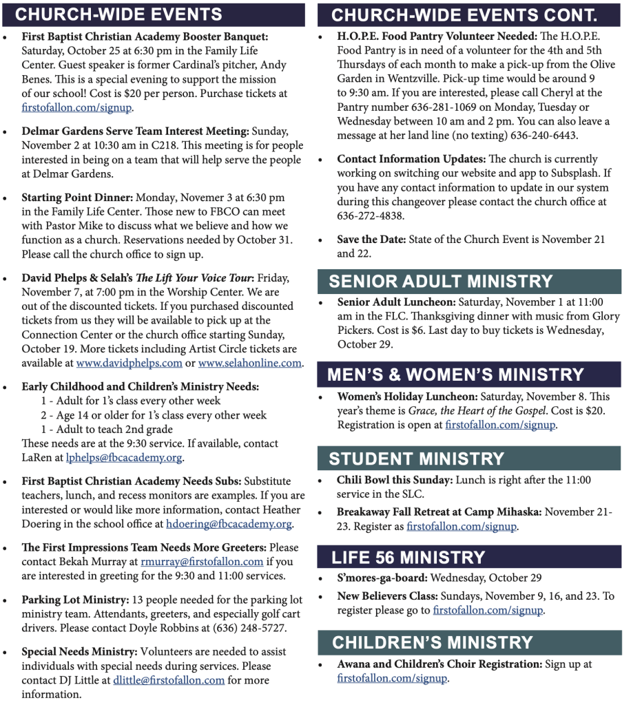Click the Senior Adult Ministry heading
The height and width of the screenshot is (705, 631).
pos(441,282)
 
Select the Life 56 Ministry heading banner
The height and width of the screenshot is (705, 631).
pos(408,558)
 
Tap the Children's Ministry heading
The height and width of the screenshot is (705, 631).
pos(433,643)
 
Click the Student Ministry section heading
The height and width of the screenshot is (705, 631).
pos(416,459)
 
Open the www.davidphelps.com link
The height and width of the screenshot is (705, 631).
pos(129,364)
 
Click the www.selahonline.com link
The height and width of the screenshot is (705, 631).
pos(249,364)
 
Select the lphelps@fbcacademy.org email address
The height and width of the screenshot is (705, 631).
pos(124,458)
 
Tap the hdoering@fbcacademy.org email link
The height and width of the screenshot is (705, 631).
pos(229,524)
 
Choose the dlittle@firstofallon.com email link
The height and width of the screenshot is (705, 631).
pos(169,680)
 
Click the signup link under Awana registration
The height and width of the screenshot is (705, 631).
pos(392,679)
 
